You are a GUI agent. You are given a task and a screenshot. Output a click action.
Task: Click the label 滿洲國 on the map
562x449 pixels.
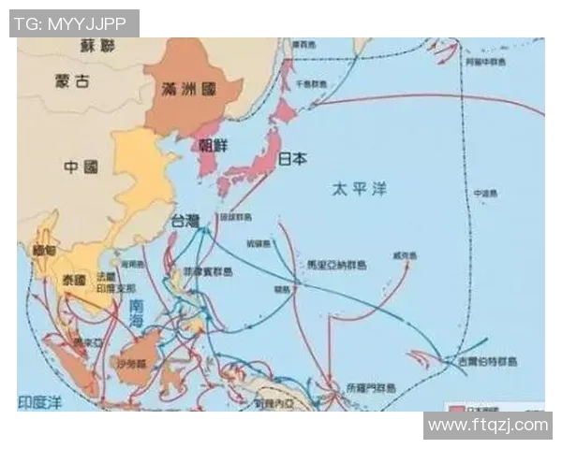pos(189,89)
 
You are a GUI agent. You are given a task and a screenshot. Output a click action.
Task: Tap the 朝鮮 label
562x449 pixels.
pos(213,145)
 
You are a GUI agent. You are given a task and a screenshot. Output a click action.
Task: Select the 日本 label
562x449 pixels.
pos(292,159)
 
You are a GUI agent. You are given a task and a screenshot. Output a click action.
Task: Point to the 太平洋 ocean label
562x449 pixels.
pos(359,189)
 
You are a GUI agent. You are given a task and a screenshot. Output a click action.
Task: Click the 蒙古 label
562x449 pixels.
pos(73,81)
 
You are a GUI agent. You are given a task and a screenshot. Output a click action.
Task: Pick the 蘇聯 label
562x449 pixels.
pos(96,45)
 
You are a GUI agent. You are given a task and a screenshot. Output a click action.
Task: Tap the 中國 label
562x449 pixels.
pos(81,167)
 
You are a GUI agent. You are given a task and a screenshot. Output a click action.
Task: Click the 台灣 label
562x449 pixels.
pos(185,221)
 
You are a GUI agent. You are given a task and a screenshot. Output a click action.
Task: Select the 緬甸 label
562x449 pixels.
pos(45,252)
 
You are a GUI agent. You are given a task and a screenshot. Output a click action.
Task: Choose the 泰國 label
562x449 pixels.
pos(74,279)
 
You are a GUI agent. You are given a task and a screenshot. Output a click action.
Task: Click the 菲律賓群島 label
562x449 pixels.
pos(208,271)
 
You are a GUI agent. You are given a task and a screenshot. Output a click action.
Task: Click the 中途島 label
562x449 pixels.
pos(483,194)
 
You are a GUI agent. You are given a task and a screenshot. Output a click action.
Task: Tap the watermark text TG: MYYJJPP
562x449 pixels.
pos(74,22)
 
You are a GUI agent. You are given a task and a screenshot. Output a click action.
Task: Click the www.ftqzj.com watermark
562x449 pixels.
pos(487,426)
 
